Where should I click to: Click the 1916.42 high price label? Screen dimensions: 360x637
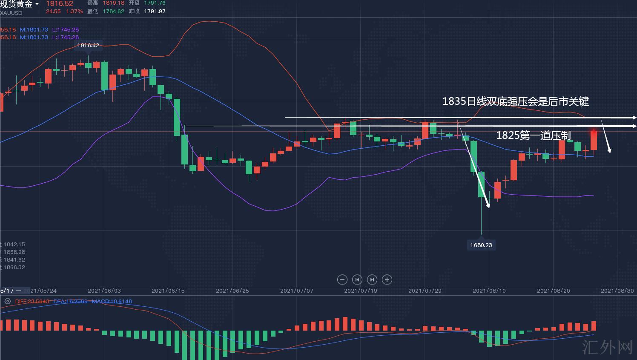pyautogui.click(x=88, y=45)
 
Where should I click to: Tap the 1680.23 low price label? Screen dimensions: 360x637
pyautogui.click(x=481, y=245)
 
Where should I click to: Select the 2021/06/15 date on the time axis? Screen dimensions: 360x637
pyautogui.click(x=168, y=291)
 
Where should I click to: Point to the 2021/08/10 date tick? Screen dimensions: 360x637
pyautogui.click(x=489, y=291)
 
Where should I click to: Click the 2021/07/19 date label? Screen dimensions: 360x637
pyautogui.click(x=361, y=291)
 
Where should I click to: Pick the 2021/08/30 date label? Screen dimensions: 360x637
pyautogui.click(x=617, y=291)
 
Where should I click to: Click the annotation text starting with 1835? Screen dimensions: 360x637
pyautogui.click(x=515, y=101)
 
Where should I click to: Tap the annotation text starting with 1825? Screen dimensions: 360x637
pyautogui.click(x=533, y=135)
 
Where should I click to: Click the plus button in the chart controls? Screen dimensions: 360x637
pyautogui.click(x=387, y=279)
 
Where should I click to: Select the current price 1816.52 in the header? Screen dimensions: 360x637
pyautogui.click(x=60, y=4)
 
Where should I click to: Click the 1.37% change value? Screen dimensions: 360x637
pyautogui.click(x=75, y=12)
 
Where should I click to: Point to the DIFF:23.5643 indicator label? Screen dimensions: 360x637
pyautogui.click(x=32, y=301)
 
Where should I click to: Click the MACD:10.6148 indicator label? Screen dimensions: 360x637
pyautogui.click(x=112, y=301)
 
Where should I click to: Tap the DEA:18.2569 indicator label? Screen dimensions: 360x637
pyautogui.click(x=71, y=301)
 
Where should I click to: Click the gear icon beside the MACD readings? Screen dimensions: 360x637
pyautogui.click(x=7, y=301)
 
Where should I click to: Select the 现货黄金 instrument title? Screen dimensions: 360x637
pyautogui.click(x=17, y=4)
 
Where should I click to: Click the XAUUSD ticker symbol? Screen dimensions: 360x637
pyautogui.click(x=11, y=13)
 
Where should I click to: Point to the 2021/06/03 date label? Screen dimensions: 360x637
pyautogui.click(x=104, y=291)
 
